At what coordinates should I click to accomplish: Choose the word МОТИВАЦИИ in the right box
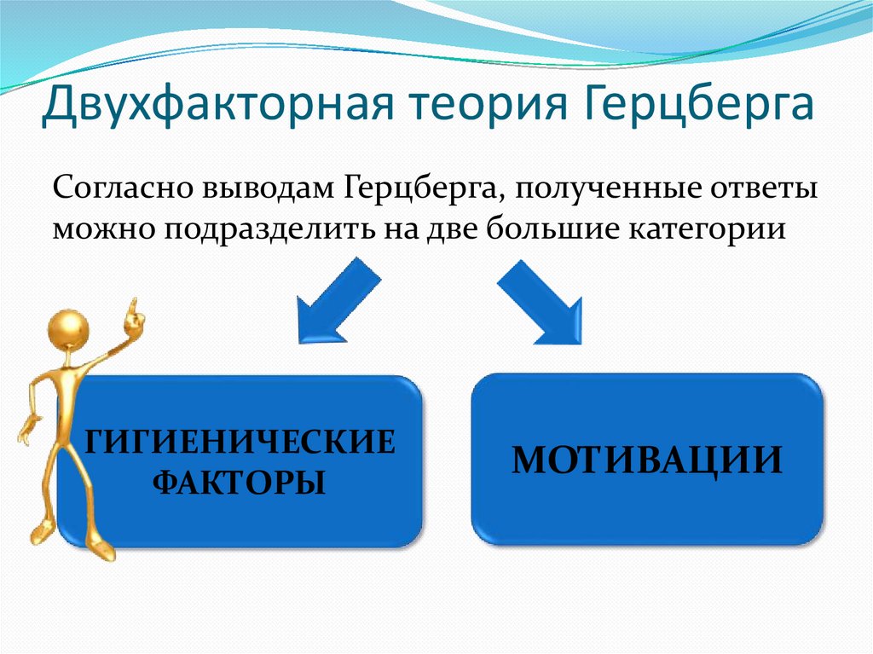point(647,460)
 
